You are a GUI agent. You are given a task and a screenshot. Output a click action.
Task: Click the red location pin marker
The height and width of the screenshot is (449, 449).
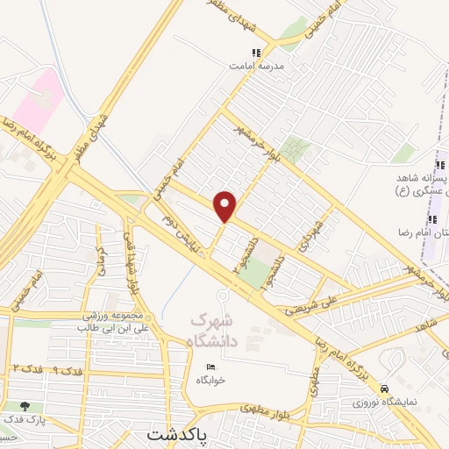click(x=225, y=205)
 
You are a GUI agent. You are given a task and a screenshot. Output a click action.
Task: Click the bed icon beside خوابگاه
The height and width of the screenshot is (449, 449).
click(x=210, y=367)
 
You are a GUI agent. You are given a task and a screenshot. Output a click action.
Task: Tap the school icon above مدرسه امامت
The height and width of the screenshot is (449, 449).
click(x=256, y=53)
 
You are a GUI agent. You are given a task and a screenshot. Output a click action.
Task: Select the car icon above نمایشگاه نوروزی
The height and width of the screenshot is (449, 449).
click(x=385, y=388)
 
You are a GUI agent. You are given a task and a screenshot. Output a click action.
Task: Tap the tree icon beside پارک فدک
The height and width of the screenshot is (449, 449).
click(x=24, y=406)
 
